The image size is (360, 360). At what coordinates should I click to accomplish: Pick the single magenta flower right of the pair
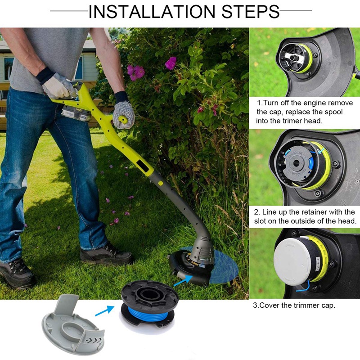click(x=171, y=63)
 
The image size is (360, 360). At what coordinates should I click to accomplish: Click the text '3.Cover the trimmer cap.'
click(x=294, y=305)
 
